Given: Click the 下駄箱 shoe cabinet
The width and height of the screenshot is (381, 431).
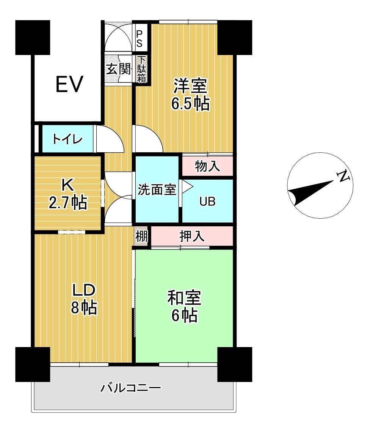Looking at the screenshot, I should tap(142, 69).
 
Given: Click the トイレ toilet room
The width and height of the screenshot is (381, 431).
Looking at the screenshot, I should tap(67, 139).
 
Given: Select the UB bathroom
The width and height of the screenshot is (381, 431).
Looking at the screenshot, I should tap(207, 201).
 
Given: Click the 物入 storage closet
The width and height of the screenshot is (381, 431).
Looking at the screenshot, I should tap(207, 166).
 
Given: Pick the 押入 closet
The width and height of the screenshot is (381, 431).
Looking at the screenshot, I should tap(192, 236).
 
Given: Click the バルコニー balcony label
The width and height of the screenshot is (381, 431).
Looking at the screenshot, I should tap(131, 388).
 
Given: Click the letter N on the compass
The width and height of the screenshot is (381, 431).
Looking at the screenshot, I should tap(343, 176).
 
